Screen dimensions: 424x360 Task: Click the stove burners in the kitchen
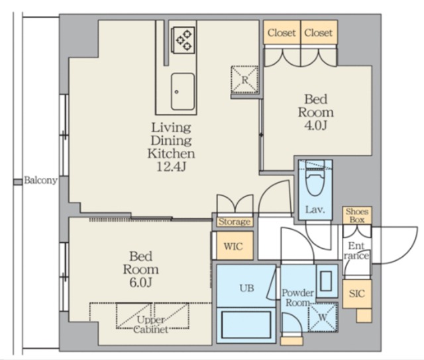184,40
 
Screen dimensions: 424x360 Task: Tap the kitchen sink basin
183,91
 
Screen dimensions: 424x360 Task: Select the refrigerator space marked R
244,79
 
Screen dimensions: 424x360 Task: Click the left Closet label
282,33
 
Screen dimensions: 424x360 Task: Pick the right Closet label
318,33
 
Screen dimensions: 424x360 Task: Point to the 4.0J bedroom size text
316,126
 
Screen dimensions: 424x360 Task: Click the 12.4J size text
171,167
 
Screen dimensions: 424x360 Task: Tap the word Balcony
41,181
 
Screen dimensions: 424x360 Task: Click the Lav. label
315,210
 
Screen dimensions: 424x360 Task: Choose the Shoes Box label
357,216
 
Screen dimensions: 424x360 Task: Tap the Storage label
235,222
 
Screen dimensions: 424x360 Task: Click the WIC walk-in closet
233,246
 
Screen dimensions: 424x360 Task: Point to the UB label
247,288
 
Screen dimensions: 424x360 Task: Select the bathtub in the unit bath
246,325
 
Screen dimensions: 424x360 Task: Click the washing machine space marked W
323,318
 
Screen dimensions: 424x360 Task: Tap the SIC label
357,294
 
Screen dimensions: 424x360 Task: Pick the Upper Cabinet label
150,325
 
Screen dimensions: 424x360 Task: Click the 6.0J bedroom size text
140,283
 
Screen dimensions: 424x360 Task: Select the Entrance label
356,251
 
